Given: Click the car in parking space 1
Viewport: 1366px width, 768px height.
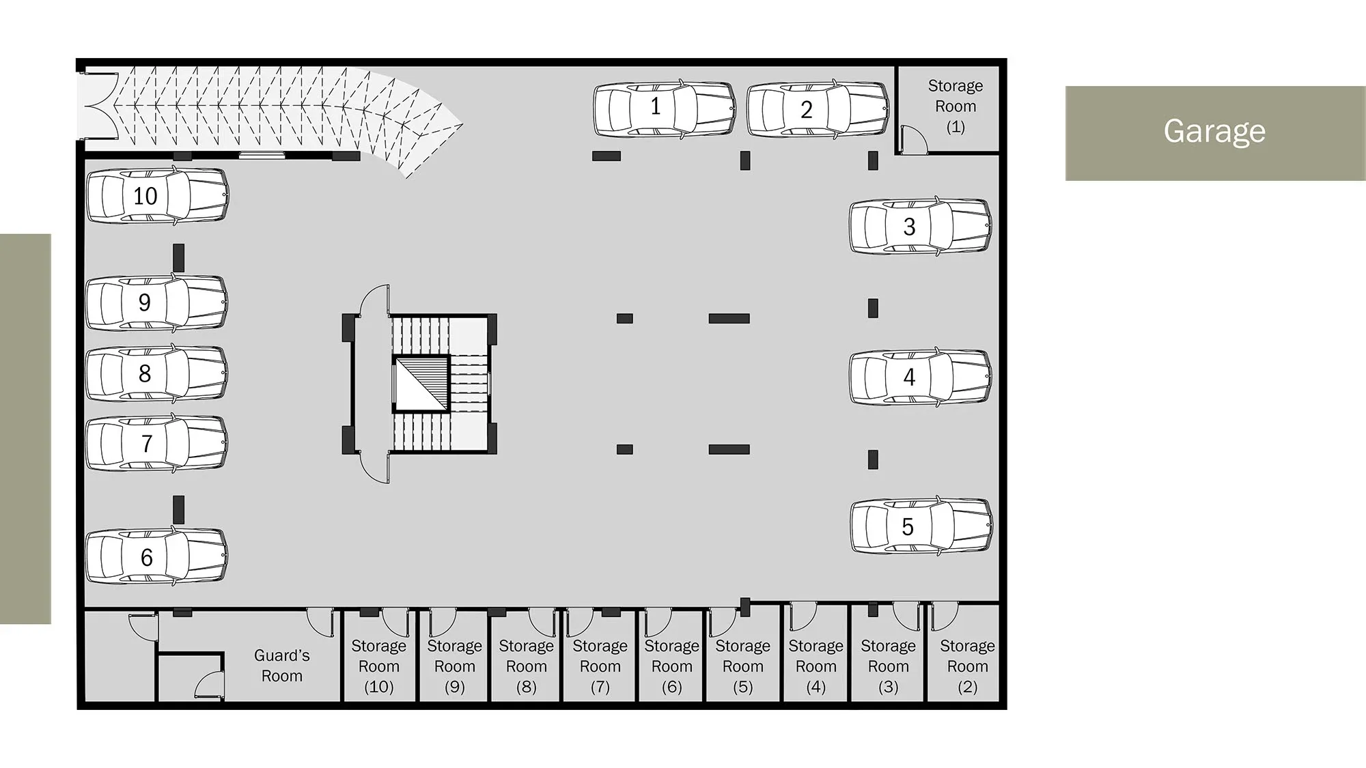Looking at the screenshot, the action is [665, 109].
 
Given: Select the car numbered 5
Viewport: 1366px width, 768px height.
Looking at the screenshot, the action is [921, 525].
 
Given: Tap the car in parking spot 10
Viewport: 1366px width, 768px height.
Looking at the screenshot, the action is [157, 196].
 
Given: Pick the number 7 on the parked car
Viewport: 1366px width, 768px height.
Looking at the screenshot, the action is [146, 444].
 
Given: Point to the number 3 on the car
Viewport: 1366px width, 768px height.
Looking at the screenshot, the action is [909, 227].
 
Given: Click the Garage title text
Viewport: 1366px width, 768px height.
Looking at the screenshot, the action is [1214, 132].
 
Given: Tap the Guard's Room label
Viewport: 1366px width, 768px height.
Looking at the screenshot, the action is [282, 666].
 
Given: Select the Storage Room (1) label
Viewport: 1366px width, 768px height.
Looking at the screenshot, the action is [956, 106].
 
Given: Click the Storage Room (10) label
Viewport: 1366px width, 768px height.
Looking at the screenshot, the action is [379, 666].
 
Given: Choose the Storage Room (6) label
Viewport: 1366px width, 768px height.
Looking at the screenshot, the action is [672, 666].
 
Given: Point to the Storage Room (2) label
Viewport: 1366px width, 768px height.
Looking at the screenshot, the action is [967, 666].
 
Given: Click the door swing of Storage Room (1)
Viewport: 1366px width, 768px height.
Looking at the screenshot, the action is [914, 139].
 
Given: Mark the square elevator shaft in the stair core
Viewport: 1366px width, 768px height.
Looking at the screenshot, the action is [421, 384].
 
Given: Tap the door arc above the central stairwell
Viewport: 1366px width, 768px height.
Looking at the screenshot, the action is [375, 299].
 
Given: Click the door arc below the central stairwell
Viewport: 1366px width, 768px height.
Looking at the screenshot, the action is [375, 468].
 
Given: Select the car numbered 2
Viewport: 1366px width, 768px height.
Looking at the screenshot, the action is [818, 110].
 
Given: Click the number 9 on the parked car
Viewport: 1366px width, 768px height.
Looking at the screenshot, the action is [144, 302].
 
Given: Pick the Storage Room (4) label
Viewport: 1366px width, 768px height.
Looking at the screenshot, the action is [816, 666].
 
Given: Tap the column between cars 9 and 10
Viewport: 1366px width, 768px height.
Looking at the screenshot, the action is [179, 257].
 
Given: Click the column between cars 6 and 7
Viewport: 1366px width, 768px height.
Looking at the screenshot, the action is [179, 509].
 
